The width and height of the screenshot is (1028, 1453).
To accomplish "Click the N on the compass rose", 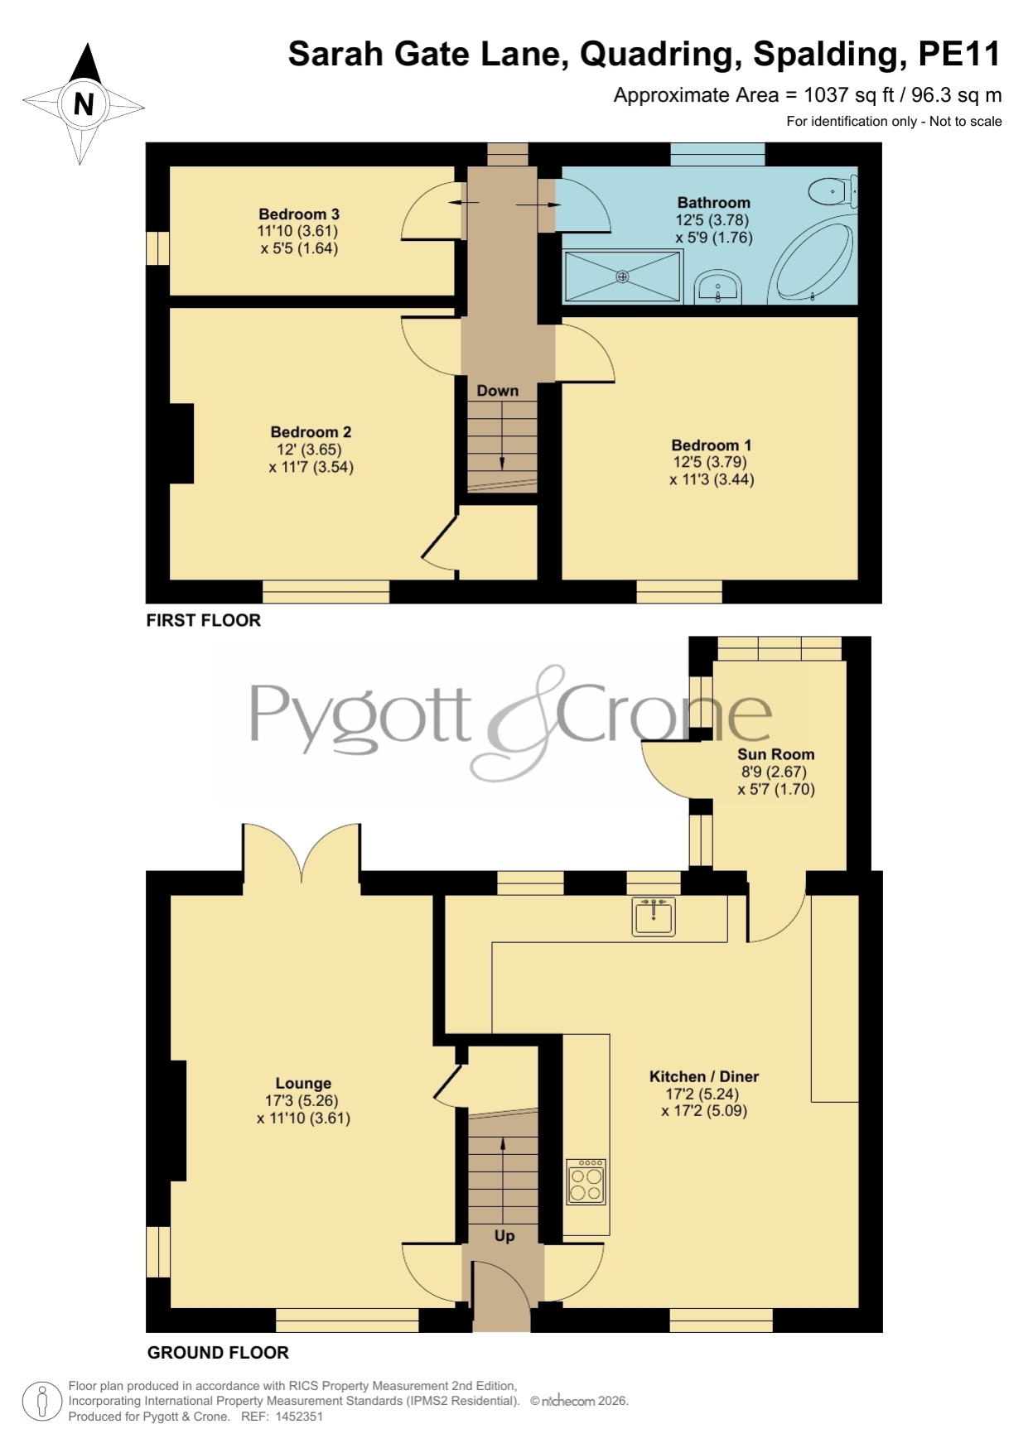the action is coord(84,104).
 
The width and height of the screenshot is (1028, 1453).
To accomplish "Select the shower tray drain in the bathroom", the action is coord(623,277).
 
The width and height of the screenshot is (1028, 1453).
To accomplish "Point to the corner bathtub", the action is coord(812,258).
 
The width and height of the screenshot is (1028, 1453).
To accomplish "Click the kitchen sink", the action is coord(654,917).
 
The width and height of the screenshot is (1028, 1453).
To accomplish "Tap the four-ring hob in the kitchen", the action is coord(586,1181).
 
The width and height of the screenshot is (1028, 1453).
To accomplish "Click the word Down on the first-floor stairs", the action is coord(498,391).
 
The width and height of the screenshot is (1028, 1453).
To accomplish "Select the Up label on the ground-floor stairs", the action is coord(504,1236).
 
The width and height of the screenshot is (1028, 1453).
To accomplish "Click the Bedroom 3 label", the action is coord(299,214).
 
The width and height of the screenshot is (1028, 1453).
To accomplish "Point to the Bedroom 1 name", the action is coord(712,445).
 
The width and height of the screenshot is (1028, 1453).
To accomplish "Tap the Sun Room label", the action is coord(776,754).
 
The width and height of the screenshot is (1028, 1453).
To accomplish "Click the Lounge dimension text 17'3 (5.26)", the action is coord(302,1101).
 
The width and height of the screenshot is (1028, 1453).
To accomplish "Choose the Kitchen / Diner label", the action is coord(704,1076).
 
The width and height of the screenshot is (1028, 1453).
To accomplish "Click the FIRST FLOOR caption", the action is coord(204,620).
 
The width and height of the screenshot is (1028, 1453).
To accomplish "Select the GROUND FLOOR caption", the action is coord(218,1353).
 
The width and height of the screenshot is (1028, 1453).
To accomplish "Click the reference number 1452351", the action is coord(299,1417).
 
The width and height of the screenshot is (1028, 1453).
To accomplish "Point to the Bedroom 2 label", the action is coord(311,432).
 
